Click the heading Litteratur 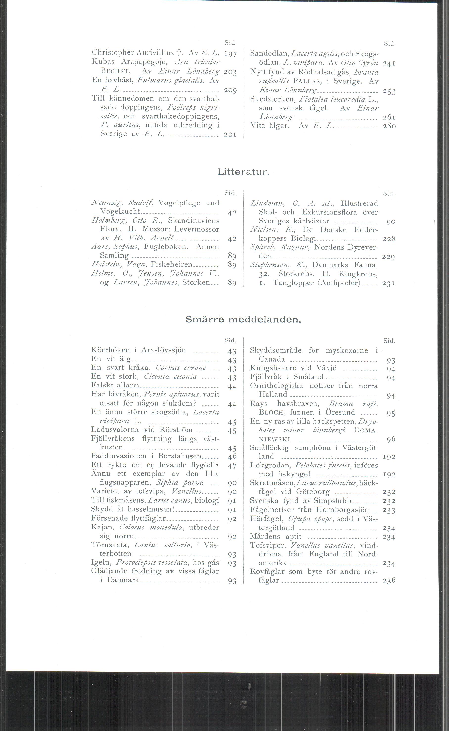pyautogui.click(x=243, y=172)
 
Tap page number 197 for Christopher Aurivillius pyautogui.click(x=230, y=54)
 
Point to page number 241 pyautogui.click(x=389, y=63)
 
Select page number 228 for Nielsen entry pyautogui.click(x=389, y=239)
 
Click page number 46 pyautogui.click(x=232, y=457)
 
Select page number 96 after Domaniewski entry pyautogui.click(x=391, y=439)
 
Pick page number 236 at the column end pyautogui.click(x=389, y=581)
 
